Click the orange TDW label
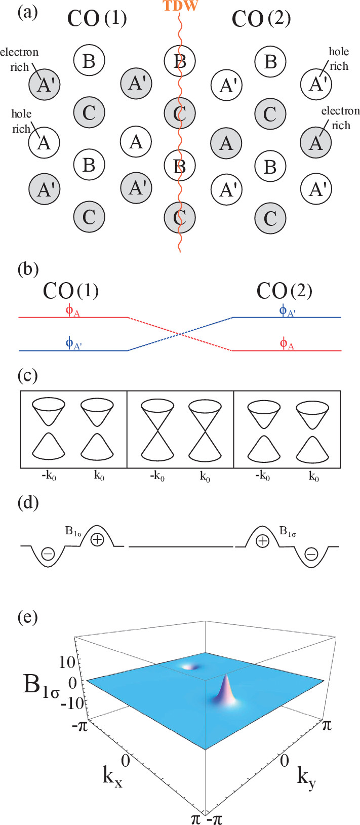(180, 6)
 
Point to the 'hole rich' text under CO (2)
(339, 59)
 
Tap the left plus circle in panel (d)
(97, 540)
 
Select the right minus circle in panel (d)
(311, 555)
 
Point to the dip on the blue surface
(192, 666)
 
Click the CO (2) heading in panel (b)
(284, 291)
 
